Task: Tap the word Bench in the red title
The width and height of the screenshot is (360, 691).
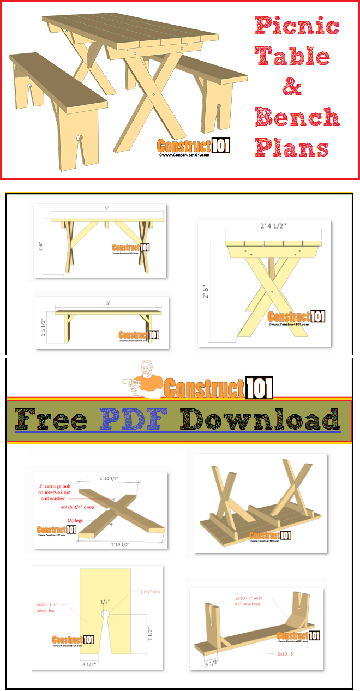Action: pos(297,117)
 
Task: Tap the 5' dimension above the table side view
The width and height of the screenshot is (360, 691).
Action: pos(107,207)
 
